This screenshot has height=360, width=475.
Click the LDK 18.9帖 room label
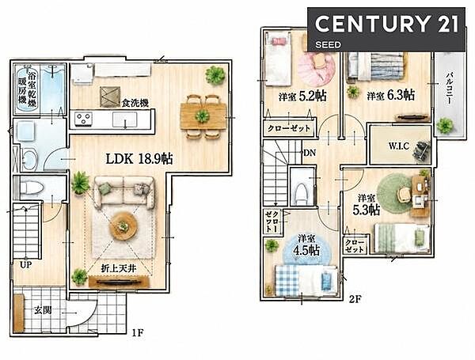pos(139,159)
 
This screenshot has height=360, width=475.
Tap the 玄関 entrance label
pos(43,310)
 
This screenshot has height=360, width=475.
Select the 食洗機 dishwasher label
pos(135,103)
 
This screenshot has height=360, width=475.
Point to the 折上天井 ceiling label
pos(119,268)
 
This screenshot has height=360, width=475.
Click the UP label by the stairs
pos(26,265)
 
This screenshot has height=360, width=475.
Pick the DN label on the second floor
pos(310,153)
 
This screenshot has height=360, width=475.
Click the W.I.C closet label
pos(399,146)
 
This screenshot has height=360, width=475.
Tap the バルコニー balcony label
pos(450,88)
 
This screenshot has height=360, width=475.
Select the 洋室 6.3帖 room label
pos(391,96)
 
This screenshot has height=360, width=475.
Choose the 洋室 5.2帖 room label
pos(302,96)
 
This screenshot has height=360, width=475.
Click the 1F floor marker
pos(137,333)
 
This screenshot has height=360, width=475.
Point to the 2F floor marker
pos(355,299)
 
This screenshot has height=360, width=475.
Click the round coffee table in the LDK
pos(123,225)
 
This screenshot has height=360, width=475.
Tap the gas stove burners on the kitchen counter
pos(84,119)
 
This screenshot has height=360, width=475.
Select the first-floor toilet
pos(32,187)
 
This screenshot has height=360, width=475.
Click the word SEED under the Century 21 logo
pos(328,45)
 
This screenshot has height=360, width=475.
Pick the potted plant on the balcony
pos(445,125)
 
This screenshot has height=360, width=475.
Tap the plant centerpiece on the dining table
pos(202,116)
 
